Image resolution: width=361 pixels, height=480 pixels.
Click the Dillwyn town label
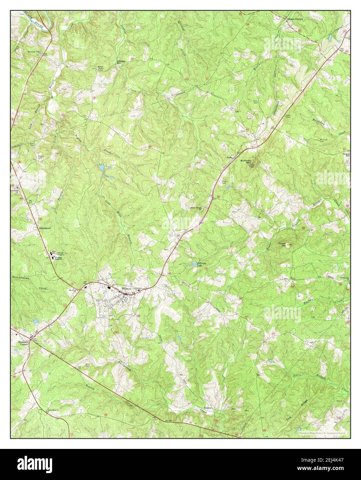(x=127, y=288)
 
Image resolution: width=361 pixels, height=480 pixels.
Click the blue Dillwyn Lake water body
(x=192, y=265)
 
